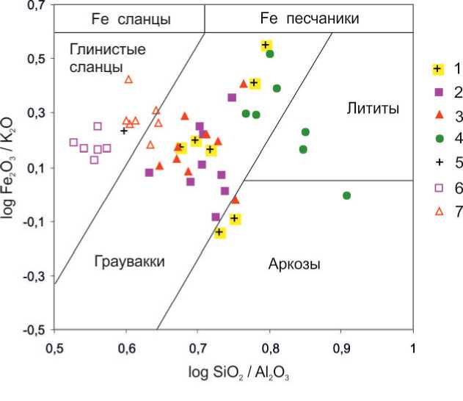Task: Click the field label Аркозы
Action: point(294,264)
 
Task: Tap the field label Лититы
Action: point(372,109)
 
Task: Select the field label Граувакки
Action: point(129,262)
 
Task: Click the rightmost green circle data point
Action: point(346,195)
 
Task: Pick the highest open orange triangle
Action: point(128,79)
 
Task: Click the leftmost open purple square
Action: point(73,142)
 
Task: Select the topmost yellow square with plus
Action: point(266,46)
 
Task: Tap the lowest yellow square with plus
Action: point(219,232)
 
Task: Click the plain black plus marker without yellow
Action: point(124,131)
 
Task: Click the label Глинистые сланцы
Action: point(107,57)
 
